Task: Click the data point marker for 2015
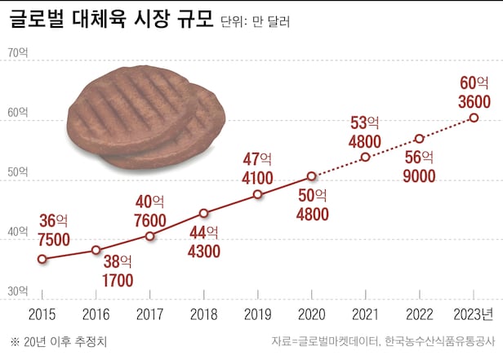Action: click(42, 259)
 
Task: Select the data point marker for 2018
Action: click(203, 213)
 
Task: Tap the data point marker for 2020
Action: click(311, 176)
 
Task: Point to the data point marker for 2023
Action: click(474, 118)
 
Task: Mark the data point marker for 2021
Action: click(365, 157)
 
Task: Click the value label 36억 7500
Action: click(54, 230)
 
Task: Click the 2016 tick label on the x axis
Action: click(96, 314)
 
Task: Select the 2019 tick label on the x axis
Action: click(257, 314)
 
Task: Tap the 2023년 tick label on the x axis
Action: click(473, 314)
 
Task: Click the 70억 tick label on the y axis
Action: click(17, 53)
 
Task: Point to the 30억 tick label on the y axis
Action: click(17, 291)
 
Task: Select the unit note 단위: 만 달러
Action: click(255, 22)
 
